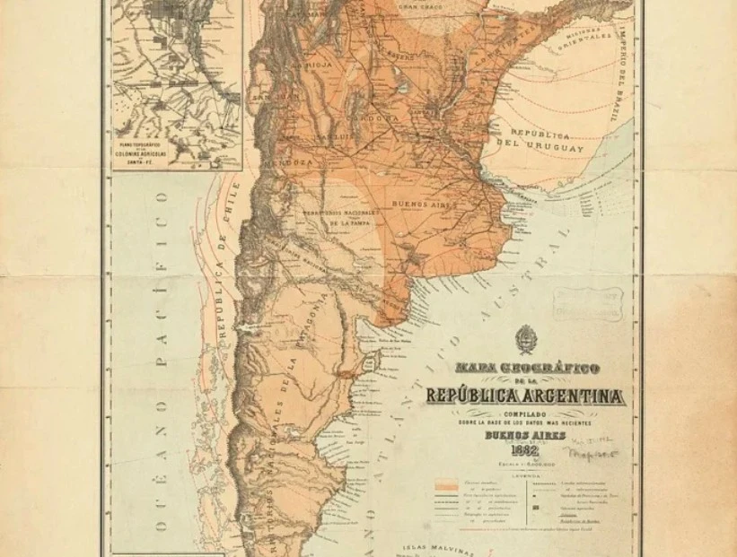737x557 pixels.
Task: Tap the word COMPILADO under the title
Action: tap(527, 413)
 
